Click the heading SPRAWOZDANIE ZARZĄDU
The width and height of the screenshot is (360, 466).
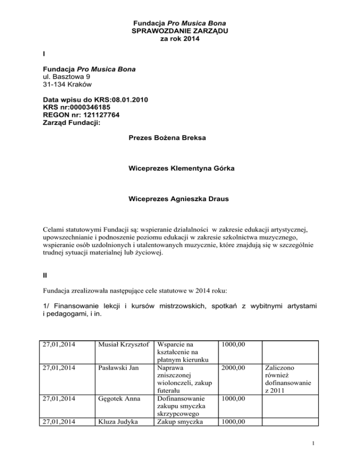point(180,31)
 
